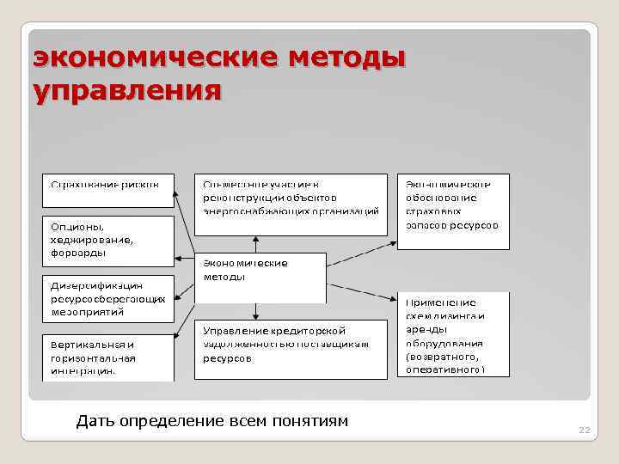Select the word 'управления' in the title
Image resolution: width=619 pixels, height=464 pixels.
[126, 89]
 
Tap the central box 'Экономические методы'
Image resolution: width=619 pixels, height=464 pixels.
[260, 277]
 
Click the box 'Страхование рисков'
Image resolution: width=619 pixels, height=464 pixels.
[108, 190]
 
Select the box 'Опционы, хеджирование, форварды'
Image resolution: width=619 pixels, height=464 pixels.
[108, 240]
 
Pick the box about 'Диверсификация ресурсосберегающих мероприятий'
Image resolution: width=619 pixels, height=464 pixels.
[108, 298]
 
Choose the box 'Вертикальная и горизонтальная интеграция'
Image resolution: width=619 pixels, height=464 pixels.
[108, 357]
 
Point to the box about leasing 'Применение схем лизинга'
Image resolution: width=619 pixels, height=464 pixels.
[453, 335]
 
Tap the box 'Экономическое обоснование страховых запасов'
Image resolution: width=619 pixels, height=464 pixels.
[453, 211]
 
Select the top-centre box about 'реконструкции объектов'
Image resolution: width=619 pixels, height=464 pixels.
[291, 204]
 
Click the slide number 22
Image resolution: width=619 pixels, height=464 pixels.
[585, 430]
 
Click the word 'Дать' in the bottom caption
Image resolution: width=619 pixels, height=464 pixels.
[93, 420]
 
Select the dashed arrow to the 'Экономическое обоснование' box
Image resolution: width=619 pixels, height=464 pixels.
[361, 253]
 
